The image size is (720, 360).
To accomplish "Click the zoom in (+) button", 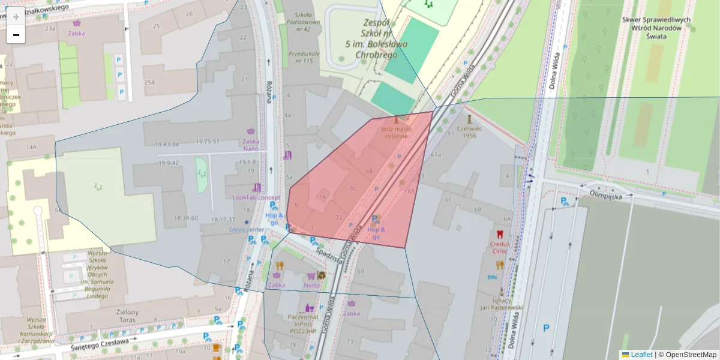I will (x=16, y=16).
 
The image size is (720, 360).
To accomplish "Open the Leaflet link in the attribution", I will (x=641, y=355).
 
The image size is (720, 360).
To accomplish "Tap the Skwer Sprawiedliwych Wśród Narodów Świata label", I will (x=656, y=28).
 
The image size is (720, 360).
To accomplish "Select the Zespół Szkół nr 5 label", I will (x=376, y=38).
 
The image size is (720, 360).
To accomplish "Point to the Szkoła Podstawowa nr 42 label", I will (x=298, y=22).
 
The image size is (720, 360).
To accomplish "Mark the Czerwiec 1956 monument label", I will (x=469, y=131).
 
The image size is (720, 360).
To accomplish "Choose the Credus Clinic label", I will (x=499, y=248).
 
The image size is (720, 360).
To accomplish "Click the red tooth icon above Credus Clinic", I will (x=499, y=235).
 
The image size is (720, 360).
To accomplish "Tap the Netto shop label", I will (x=311, y=286).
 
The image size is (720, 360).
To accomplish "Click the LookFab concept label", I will (x=256, y=197).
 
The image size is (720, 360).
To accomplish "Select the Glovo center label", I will (x=247, y=229).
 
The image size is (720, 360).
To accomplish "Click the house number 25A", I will (x=149, y=83).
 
